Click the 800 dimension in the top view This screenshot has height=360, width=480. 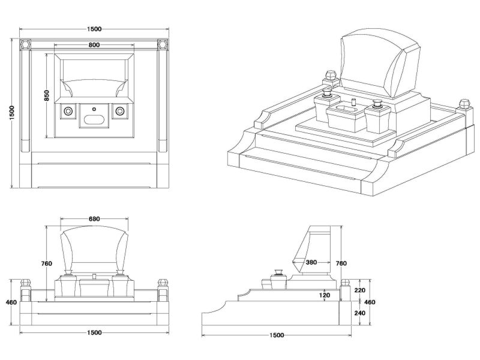94,45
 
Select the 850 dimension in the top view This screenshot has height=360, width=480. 46,95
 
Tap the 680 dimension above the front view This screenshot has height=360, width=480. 94,219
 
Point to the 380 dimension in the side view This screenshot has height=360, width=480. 311,262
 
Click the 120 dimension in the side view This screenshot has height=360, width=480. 325,295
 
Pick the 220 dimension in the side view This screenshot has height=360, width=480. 360,290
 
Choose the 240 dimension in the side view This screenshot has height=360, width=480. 360,313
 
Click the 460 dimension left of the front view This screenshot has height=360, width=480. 11,302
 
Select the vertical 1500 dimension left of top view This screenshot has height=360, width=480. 11,113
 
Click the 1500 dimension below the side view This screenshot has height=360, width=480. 277,335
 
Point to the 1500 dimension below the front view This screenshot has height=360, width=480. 94,332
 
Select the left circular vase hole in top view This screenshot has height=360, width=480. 68,111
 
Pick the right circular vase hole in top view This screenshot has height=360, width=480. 120,111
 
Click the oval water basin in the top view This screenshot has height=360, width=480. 94,119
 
